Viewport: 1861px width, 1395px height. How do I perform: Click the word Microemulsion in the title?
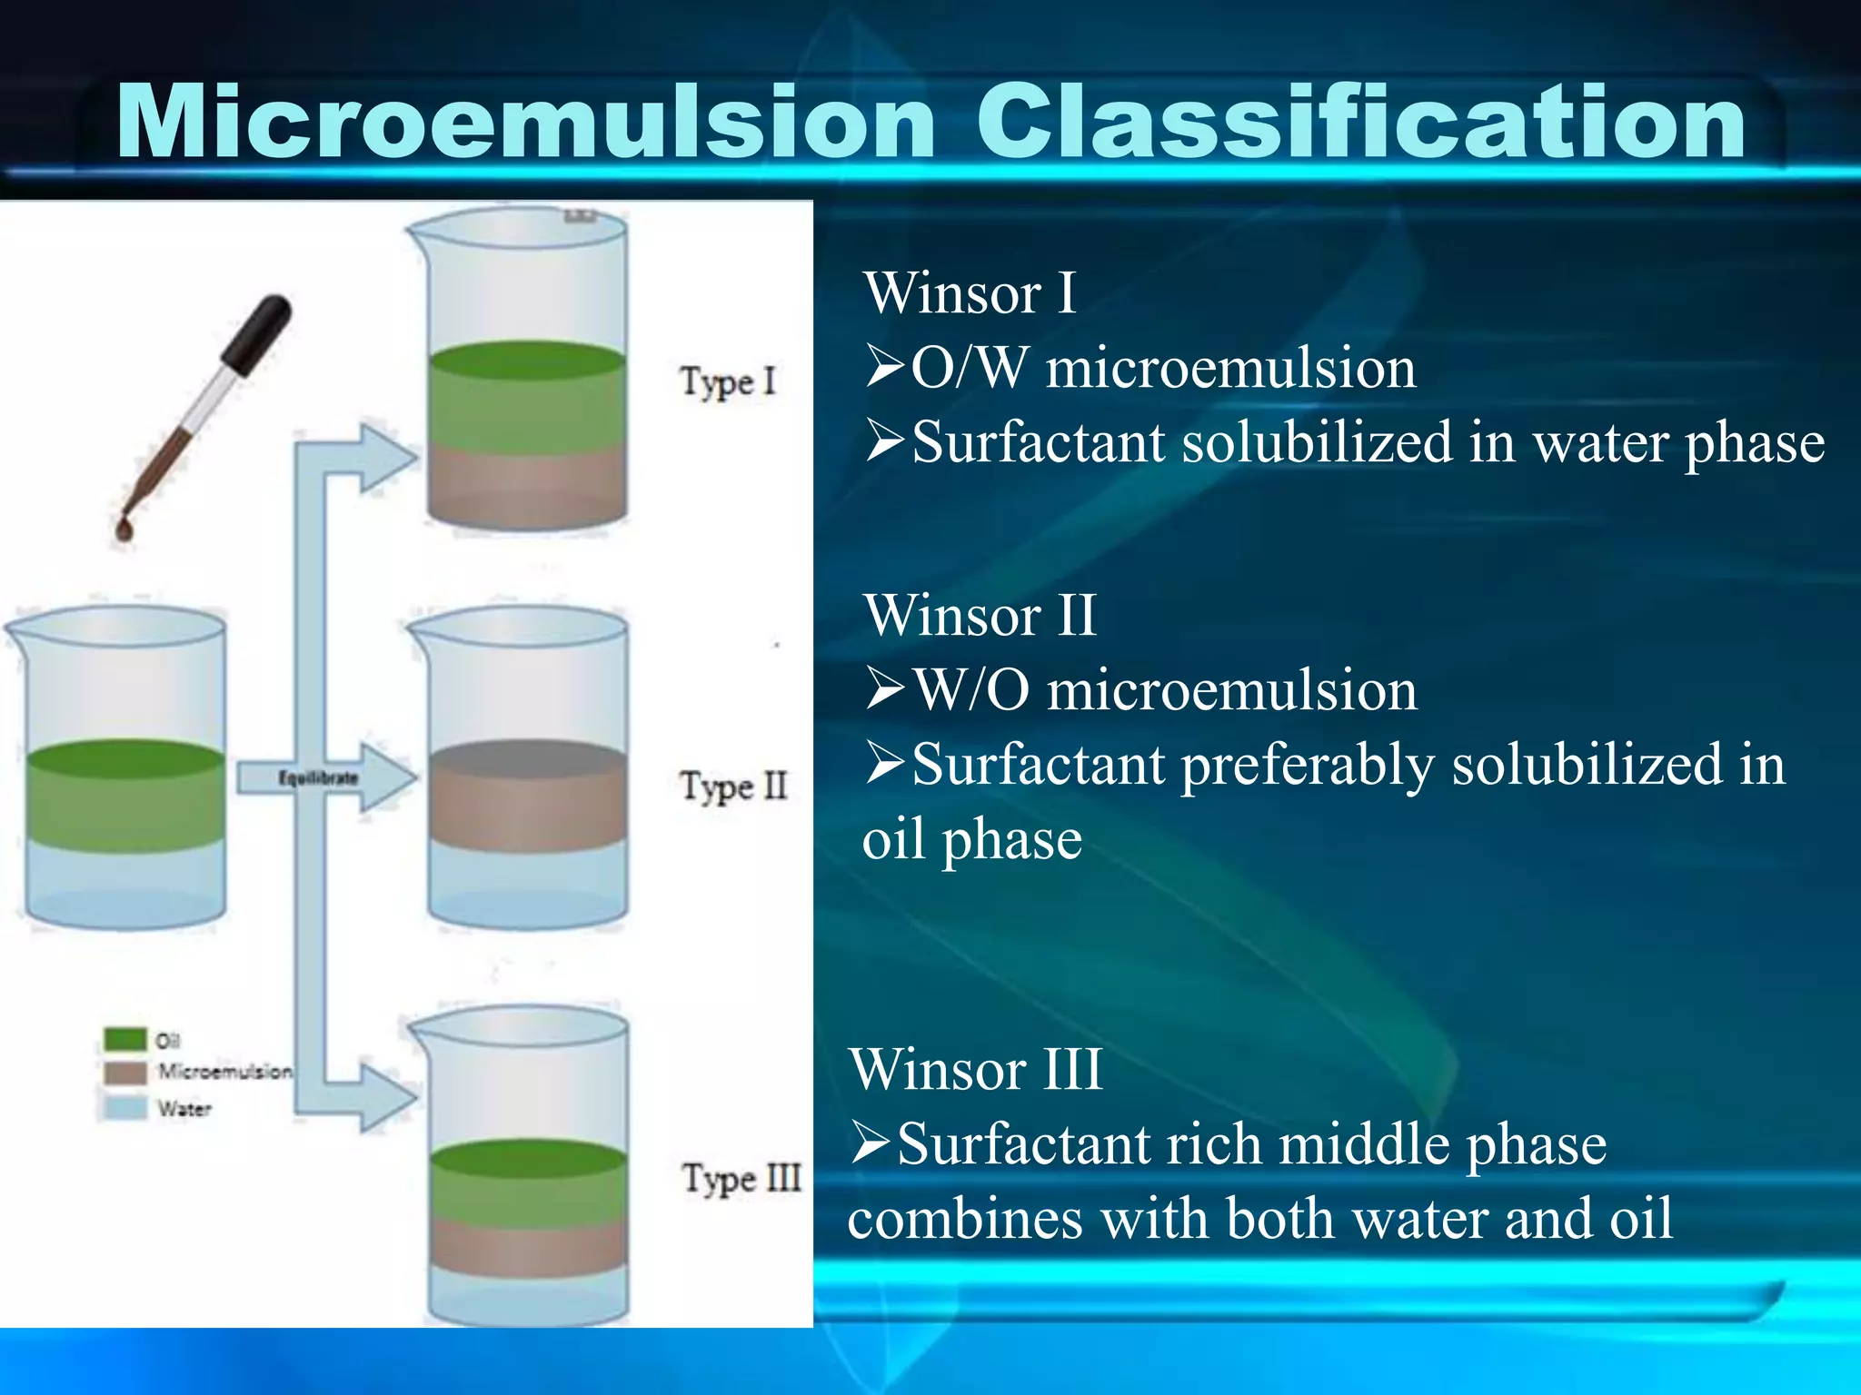[x=525, y=123]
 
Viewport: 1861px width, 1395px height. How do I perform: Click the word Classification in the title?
[x=1359, y=123]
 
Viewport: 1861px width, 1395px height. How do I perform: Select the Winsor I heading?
[x=970, y=293]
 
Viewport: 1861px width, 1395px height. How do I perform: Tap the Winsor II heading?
[x=980, y=615]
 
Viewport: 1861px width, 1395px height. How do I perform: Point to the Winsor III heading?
[x=976, y=1069]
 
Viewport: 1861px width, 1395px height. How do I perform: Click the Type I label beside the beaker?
[x=728, y=382]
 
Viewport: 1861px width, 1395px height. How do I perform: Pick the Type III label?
[x=741, y=1179]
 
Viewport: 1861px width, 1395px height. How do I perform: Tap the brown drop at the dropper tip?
[x=124, y=529]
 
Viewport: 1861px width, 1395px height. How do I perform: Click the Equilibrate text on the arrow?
[x=317, y=778]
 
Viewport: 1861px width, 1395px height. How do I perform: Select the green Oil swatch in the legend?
[x=124, y=1038]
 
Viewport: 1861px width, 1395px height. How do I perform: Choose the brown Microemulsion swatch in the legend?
[x=124, y=1073]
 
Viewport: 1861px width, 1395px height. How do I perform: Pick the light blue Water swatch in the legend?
[x=124, y=1108]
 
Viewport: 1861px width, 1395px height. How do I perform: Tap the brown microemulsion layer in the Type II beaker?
[x=527, y=799]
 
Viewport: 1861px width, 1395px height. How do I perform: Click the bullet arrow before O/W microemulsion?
[x=884, y=368]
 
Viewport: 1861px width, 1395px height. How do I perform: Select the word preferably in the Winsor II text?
[x=1308, y=765]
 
